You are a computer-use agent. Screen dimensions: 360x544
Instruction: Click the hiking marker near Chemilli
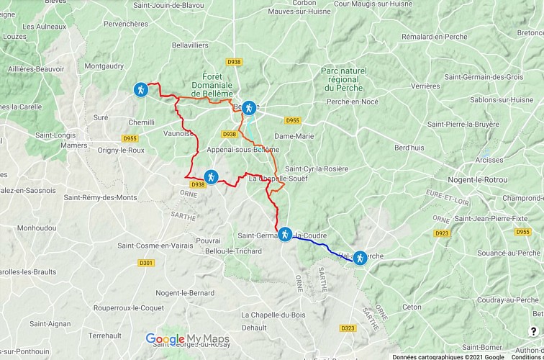pos(141,90)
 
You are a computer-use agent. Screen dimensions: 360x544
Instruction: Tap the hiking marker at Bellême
pos(249,107)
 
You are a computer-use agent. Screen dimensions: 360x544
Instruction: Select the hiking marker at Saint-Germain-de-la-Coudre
pos(285,234)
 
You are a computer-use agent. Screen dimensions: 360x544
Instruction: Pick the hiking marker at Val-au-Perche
pos(359,258)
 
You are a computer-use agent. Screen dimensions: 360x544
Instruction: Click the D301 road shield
pos(146,263)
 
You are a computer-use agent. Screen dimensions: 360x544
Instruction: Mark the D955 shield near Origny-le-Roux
pos(130,138)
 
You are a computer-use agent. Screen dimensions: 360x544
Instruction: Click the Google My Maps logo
pos(187,339)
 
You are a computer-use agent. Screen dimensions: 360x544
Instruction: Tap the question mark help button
pos(533,331)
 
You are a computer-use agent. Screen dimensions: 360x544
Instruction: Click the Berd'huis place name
pos(409,148)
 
